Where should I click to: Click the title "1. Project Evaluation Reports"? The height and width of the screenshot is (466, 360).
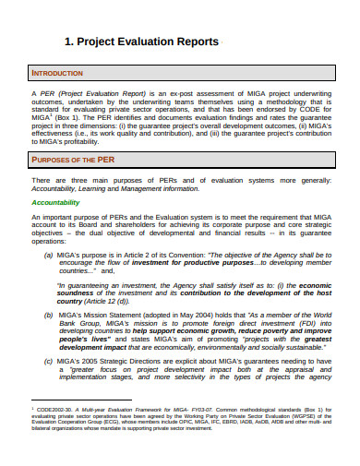(x=140, y=42)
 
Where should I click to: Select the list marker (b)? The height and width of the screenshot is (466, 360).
(x=48, y=315)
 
